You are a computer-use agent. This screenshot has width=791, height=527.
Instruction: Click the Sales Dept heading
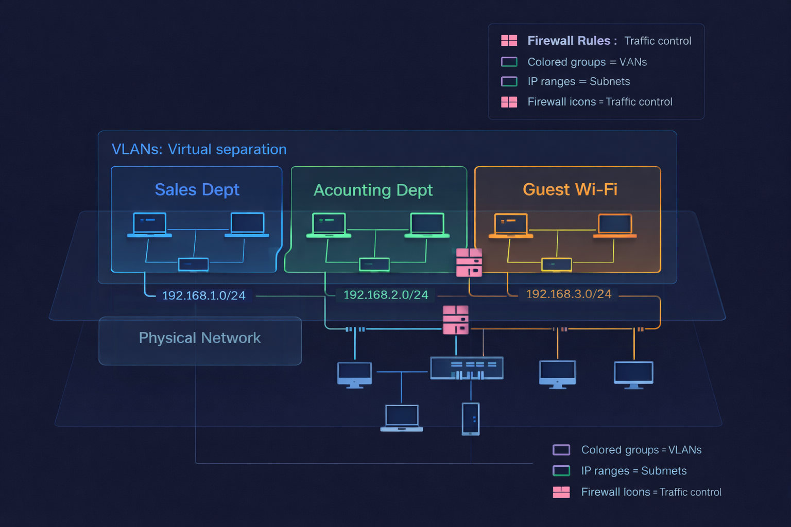[197, 190]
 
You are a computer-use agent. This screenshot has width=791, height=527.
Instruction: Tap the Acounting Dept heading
[373, 190]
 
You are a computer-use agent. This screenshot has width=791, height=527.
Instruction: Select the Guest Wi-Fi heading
[570, 189]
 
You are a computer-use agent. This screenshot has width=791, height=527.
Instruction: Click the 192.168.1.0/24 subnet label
[203, 295]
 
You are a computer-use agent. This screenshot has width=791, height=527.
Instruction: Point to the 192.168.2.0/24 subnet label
[386, 295]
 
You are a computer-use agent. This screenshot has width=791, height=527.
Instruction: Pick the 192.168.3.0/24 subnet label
[569, 294]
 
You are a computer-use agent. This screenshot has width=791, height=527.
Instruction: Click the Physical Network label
[199, 338]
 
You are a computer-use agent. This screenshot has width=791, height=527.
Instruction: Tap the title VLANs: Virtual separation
[199, 149]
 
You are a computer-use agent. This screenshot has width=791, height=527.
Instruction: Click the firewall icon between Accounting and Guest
[469, 262]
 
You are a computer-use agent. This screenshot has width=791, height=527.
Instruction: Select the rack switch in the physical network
[467, 368]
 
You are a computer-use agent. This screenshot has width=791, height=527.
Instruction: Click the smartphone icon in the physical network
[471, 419]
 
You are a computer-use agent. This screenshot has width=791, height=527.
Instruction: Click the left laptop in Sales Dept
[149, 225]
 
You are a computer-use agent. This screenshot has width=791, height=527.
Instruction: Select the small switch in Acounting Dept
[374, 265]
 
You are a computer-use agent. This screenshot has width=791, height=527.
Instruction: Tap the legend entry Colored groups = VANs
[587, 62]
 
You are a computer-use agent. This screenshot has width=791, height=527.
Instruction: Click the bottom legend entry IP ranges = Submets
[633, 471]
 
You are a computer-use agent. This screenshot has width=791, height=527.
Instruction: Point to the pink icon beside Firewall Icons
[561, 492]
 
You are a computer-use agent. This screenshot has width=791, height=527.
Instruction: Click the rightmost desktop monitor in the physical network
[633, 374]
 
